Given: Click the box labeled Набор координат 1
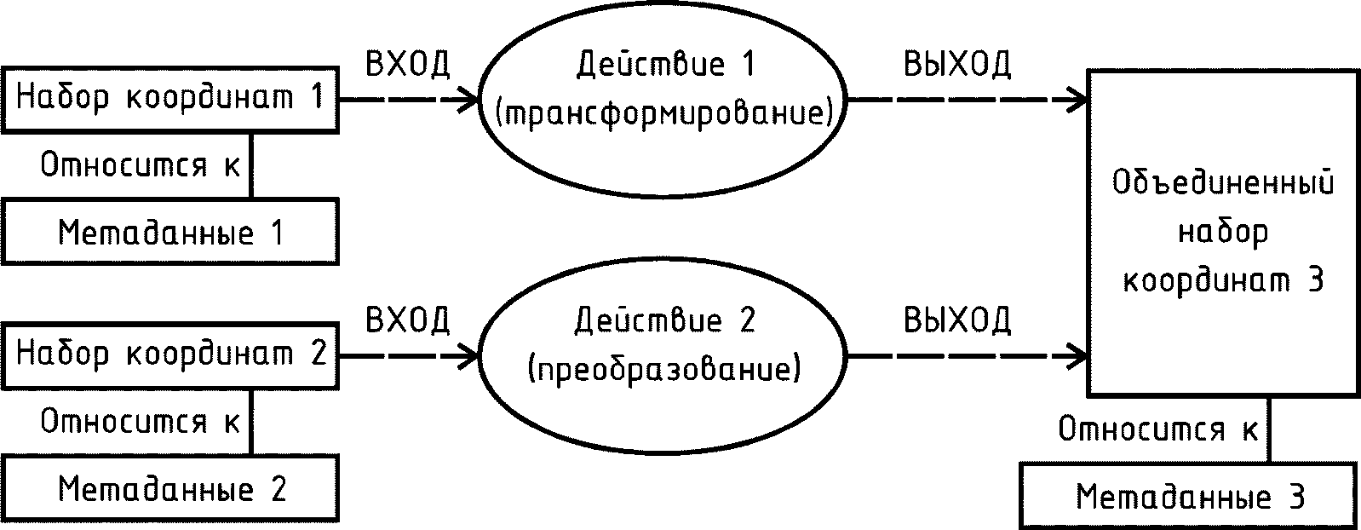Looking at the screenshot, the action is pos(169,99).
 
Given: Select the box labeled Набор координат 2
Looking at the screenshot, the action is pos(169,354).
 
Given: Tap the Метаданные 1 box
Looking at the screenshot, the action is pos(169,232).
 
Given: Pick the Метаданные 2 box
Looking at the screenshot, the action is pos(169,489).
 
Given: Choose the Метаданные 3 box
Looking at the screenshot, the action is pos(1189,496).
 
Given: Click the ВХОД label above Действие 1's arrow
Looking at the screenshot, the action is pos(407,65).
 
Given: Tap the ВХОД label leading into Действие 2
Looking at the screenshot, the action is pos(407,320).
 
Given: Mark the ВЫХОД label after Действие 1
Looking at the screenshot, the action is pos(956,65).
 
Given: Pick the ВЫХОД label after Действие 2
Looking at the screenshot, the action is pos(956,320).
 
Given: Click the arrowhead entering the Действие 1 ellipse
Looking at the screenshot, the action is pos(471,100).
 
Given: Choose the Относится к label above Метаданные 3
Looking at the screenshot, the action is pos(1157,429).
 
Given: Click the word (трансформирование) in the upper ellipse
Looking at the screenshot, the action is pos(663,114).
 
